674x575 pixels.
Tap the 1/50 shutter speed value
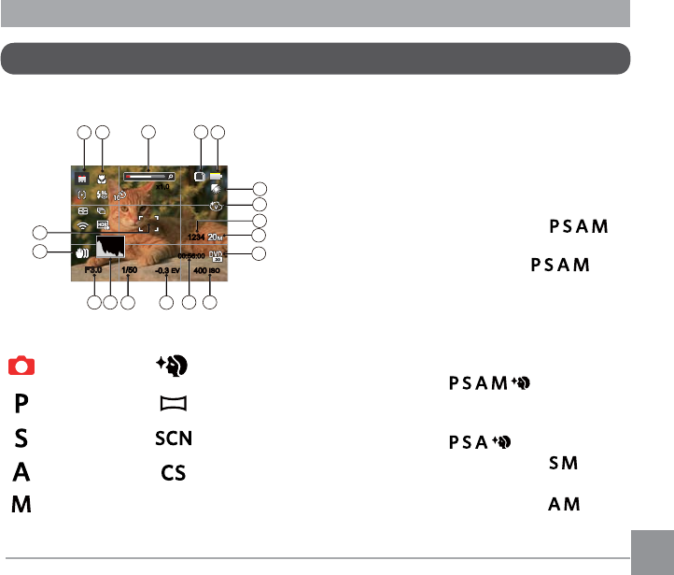point(129,270)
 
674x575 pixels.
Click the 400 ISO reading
point(209,270)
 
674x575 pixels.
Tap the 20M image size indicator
point(217,237)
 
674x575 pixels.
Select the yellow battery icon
point(218,175)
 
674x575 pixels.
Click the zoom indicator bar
point(149,174)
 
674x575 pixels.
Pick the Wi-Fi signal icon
point(83,225)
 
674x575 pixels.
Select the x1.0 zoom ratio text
point(161,187)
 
